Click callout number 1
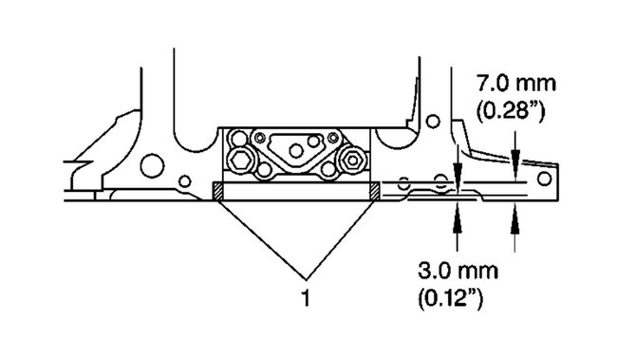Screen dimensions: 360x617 304,297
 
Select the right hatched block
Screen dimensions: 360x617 375,191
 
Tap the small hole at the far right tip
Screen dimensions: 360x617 544,177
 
